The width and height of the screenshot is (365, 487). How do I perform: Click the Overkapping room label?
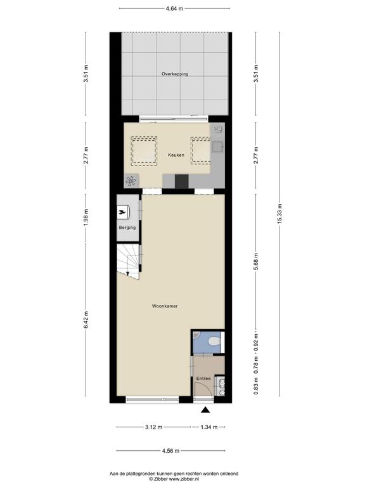[x=175, y=74]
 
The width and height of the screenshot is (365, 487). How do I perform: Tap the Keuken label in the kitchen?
[x=176, y=155]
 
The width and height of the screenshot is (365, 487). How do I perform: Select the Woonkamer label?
[x=165, y=306]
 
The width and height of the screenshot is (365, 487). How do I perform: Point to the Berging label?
[x=127, y=228]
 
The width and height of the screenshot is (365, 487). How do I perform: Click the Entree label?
[x=203, y=379]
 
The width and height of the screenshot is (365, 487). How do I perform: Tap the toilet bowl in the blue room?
[x=214, y=342]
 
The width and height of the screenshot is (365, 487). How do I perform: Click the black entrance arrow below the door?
[x=205, y=410]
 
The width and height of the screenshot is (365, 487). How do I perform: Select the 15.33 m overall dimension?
[x=279, y=214]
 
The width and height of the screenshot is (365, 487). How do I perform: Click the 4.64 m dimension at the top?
[x=174, y=9]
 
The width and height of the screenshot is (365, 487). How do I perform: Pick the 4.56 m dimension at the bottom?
[x=170, y=451]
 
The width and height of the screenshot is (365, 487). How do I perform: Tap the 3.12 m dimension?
[x=153, y=427]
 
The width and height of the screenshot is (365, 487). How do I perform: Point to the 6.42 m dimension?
[x=86, y=320]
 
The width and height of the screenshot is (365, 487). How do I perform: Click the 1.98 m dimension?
[x=86, y=218]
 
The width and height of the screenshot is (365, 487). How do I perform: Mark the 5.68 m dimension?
[x=256, y=261]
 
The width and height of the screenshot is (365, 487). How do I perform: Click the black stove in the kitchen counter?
[x=182, y=181]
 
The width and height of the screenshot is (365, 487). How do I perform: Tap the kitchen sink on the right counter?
[x=217, y=146]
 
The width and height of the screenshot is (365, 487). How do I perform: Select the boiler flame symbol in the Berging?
[x=123, y=212]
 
